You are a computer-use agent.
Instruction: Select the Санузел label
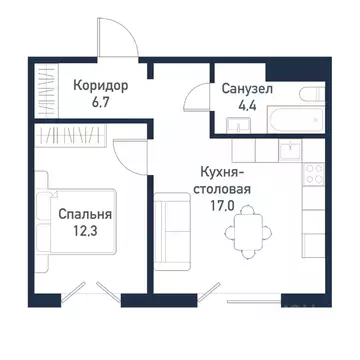tap(246, 90)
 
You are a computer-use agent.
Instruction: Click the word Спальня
tap(84, 215)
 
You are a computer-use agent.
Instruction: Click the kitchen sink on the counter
tap(288, 151)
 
